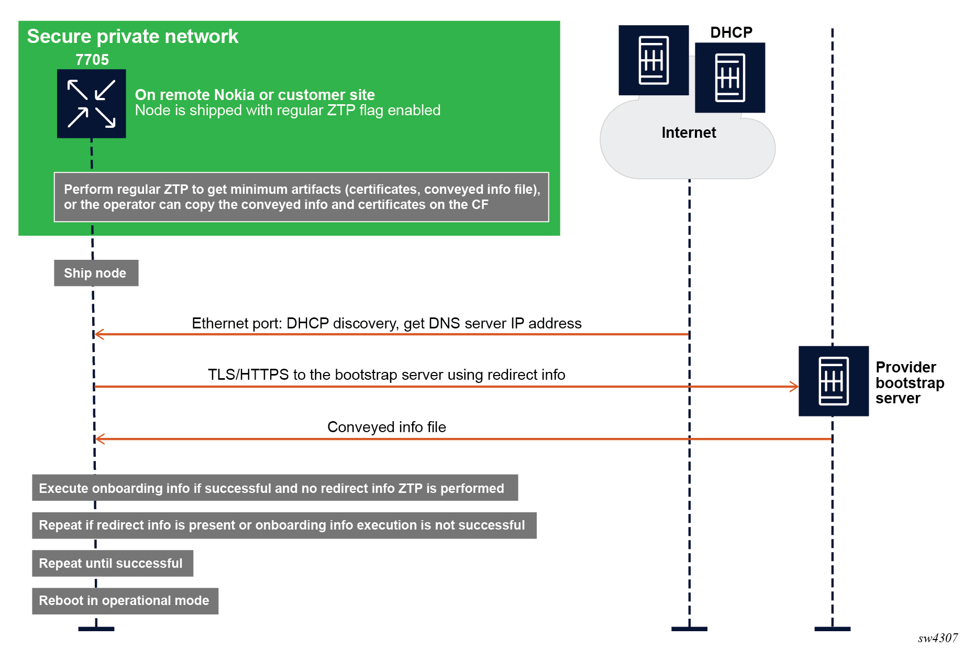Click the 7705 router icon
[91, 104]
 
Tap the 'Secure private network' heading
[132, 37]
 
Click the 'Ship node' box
[96, 273]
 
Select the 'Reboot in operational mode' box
[125, 601]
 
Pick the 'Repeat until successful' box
[112, 563]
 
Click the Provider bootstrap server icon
[833, 381]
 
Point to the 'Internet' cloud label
[688, 133]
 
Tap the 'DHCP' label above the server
[731, 32]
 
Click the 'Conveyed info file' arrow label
[386, 427]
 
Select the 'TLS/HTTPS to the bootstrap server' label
[386, 375]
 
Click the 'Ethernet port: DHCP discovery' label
[386, 323]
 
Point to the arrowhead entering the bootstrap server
[794, 387]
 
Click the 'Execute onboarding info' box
[274, 488]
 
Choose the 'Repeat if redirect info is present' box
[284, 525]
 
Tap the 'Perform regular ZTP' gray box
[301, 197]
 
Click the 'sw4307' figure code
[937, 638]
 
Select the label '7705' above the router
[92, 60]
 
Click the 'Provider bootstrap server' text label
[910, 382]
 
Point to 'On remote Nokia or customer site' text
[254, 95]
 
